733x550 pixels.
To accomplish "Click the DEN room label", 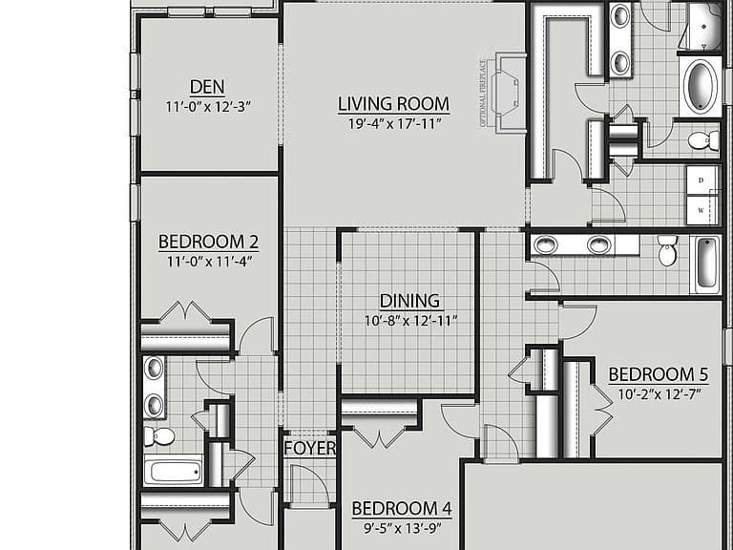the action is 207,87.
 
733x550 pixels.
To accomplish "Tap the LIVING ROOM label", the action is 393,104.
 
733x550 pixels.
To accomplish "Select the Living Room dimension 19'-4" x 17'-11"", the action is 395,124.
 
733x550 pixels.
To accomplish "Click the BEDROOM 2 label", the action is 208,242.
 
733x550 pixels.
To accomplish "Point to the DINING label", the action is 410,301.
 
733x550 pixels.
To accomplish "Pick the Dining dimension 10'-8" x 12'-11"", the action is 410,321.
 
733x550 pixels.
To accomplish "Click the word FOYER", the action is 310,448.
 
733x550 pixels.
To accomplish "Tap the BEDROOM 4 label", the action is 402,508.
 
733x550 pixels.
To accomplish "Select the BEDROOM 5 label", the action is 659,374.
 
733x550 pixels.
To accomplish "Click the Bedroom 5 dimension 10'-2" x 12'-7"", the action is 660,394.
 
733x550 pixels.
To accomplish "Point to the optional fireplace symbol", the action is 507,94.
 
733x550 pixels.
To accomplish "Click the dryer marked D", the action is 702,180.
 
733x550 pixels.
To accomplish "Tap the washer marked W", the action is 702,210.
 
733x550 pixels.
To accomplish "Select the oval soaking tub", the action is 702,87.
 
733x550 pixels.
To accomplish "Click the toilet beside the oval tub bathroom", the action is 703,140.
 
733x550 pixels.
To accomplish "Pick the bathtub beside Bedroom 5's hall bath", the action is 706,264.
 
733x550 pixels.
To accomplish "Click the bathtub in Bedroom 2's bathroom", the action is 173,470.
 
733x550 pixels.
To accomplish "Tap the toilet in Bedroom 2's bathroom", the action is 159,436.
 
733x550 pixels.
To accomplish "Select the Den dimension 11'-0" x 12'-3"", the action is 208,107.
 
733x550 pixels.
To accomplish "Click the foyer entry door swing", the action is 308,484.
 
